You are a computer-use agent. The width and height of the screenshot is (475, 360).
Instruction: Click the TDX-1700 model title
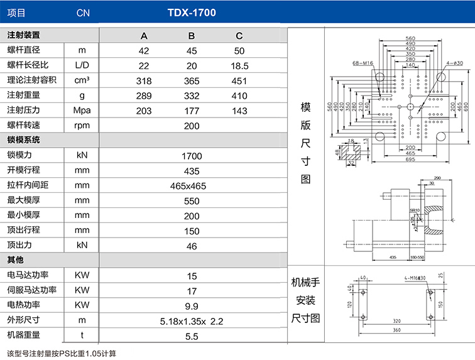pos(192,12)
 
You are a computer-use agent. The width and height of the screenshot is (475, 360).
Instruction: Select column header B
pos(192,35)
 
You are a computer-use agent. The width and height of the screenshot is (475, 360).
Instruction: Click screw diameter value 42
pos(144,50)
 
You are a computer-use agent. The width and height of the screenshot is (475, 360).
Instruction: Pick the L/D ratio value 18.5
pos(240,65)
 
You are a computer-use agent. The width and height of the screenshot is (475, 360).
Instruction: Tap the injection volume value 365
pos(192,80)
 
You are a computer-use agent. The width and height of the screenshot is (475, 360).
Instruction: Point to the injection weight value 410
pos(239,95)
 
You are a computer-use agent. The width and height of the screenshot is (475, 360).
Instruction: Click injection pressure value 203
pos(144,111)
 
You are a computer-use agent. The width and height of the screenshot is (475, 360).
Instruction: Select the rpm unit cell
pos(82,126)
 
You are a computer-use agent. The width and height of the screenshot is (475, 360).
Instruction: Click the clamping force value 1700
pos(192,155)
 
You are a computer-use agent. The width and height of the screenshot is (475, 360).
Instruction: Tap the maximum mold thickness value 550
pos(192,200)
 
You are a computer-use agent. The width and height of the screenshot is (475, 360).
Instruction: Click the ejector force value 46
pos(192,246)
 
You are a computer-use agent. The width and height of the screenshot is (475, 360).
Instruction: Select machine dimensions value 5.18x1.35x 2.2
pos(192,321)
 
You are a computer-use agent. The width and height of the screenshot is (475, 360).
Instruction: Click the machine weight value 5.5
pos(192,336)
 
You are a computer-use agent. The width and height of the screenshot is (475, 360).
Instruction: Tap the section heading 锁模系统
pos(23,140)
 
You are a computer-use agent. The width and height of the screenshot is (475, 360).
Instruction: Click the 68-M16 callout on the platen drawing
pos(363,63)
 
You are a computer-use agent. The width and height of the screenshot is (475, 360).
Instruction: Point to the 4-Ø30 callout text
pos(455,63)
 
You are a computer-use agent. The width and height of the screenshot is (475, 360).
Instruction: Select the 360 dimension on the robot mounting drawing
pos(396,330)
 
